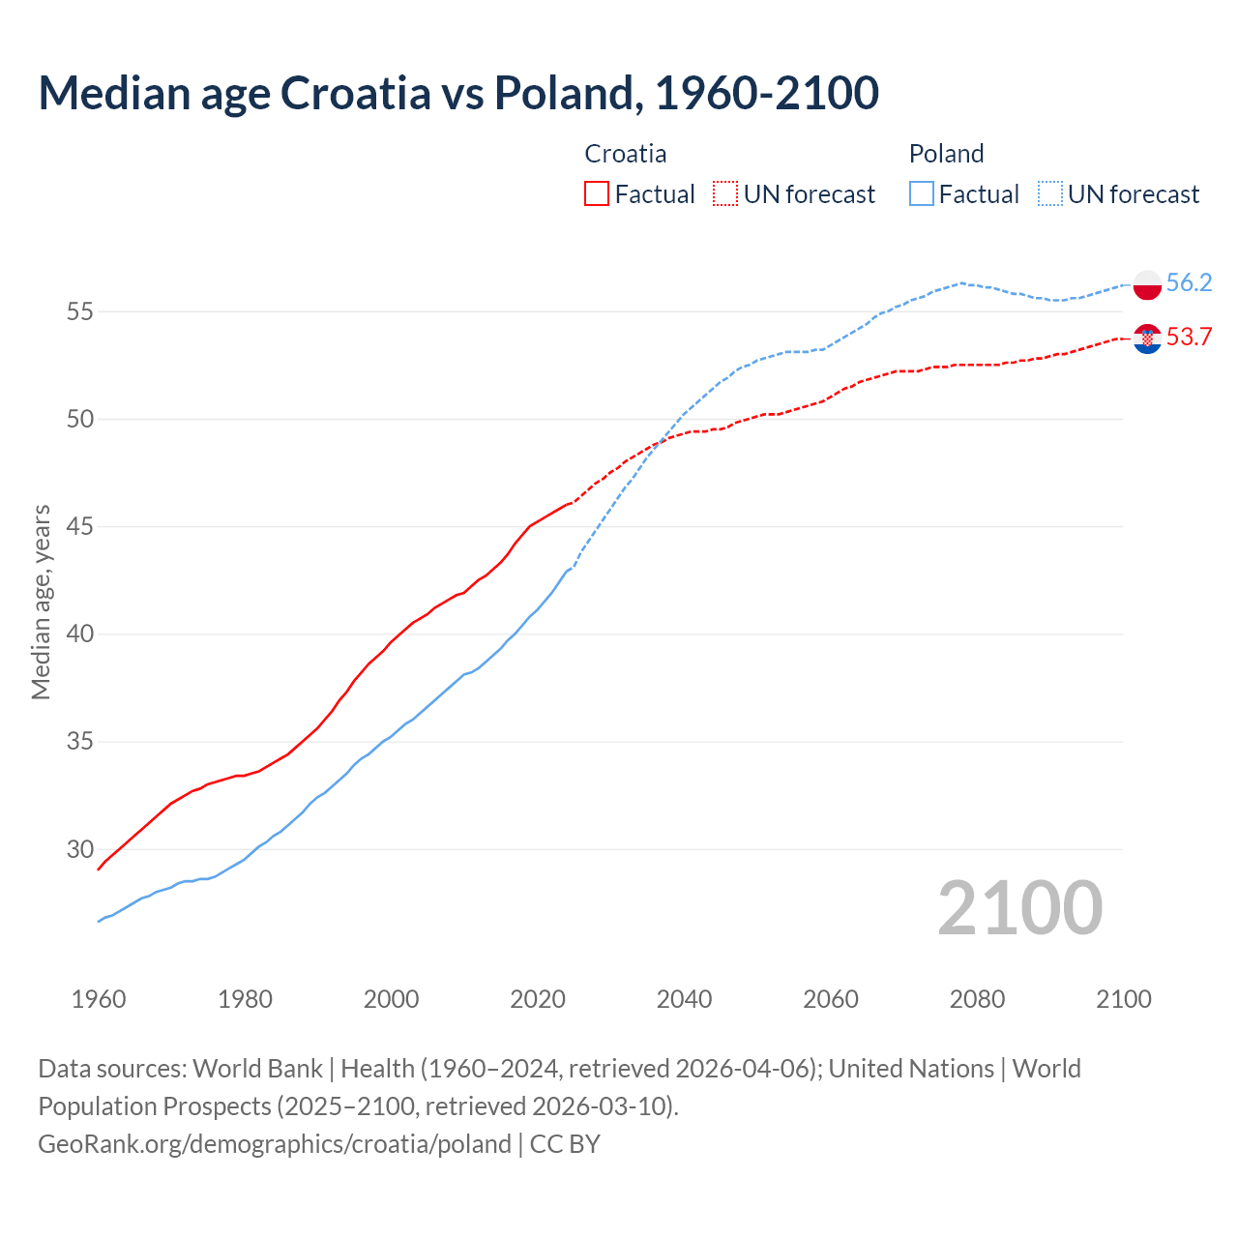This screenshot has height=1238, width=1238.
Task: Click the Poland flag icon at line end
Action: (x=1147, y=284)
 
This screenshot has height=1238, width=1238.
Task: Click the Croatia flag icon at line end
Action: (x=1147, y=339)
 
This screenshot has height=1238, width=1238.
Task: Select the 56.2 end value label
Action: (x=1189, y=282)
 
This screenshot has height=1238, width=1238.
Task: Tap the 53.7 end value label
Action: (x=1189, y=337)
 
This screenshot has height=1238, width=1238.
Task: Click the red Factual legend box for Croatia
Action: (x=597, y=193)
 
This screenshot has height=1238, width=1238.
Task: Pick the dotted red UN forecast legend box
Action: (x=725, y=193)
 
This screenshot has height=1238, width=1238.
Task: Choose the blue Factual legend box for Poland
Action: (x=922, y=193)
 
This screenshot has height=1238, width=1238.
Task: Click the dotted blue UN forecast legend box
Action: (x=1050, y=193)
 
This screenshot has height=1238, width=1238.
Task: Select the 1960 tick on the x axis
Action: (x=99, y=999)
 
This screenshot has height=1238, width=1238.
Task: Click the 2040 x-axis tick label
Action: (x=684, y=999)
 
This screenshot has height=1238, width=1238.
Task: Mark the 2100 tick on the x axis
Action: (x=1124, y=999)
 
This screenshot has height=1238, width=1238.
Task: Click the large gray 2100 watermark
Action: (x=1019, y=907)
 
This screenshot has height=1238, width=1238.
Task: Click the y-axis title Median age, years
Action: (x=41, y=602)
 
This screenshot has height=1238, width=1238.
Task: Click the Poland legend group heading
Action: (x=946, y=154)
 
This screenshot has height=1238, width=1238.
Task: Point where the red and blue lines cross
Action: (x=661, y=442)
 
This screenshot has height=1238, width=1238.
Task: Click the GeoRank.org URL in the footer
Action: (x=275, y=1144)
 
